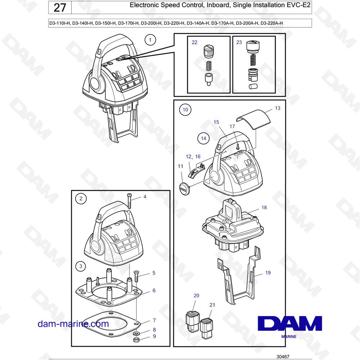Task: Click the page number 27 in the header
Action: pyautogui.click(x=60, y=8)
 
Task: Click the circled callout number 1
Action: pyautogui.click(x=150, y=40)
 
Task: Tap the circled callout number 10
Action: pyautogui.click(x=185, y=110)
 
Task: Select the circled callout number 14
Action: pyautogui.click(x=203, y=139)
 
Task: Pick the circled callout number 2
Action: pyautogui.click(x=81, y=198)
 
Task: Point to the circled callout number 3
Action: pyautogui.click(x=81, y=266)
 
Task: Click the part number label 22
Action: pyautogui.click(x=194, y=42)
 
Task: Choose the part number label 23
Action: pyautogui.click(x=239, y=42)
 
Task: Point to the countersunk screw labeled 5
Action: pyautogui.click(x=136, y=276)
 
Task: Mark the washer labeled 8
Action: pyautogui.click(x=136, y=333)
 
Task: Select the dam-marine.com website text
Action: pyautogui.click(x=73, y=324)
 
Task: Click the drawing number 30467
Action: pyautogui.click(x=283, y=356)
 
